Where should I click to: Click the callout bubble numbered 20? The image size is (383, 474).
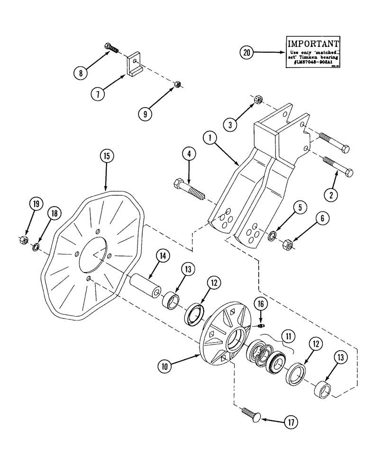click(x=246, y=53)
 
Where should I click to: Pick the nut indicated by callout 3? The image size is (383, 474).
click(x=259, y=99)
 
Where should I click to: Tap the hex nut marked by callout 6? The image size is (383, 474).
click(x=287, y=245)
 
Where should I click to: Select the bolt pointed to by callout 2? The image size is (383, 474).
click(x=339, y=167)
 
